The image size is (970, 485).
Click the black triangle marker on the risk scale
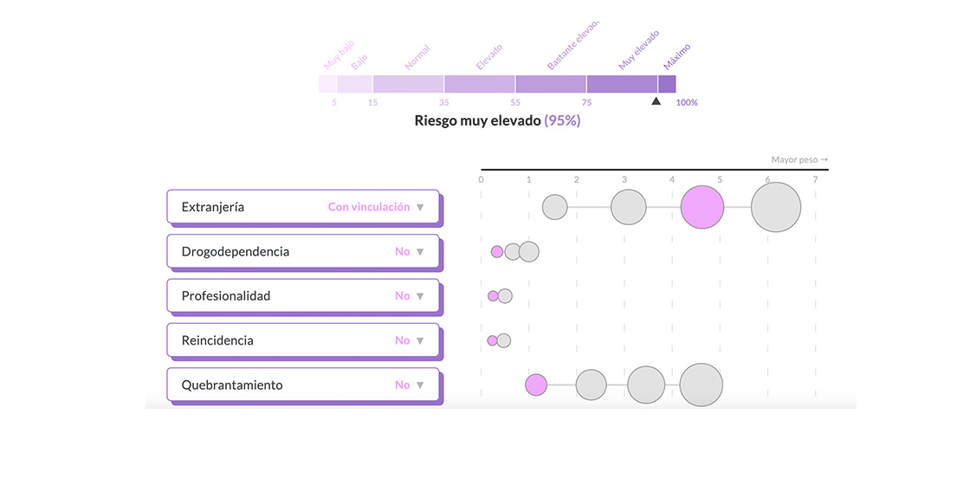[x=656, y=101]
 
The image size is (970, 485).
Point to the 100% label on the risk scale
[x=687, y=103]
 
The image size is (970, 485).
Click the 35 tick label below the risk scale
[x=444, y=103]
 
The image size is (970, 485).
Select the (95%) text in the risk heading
[x=562, y=120]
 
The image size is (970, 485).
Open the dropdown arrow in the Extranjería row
[x=420, y=207]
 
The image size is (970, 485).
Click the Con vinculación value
[x=369, y=207]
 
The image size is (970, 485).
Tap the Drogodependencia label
[x=236, y=251]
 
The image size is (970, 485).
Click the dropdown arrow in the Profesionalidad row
[x=420, y=296]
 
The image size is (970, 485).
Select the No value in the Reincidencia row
[x=403, y=340]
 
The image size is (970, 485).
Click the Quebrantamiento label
[x=232, y=385]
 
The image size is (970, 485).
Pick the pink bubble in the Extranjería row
[x=702, y=208]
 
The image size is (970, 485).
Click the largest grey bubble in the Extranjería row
[x=776, y=208]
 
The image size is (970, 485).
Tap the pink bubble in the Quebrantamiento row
[x=536, y=385]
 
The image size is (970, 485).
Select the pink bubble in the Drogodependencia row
[x=497, y=252]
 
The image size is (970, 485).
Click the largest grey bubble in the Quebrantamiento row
[x=702, y=385]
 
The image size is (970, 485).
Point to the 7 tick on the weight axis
[x=815, y=180]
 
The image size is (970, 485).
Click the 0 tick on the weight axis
[x=482, y=180]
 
